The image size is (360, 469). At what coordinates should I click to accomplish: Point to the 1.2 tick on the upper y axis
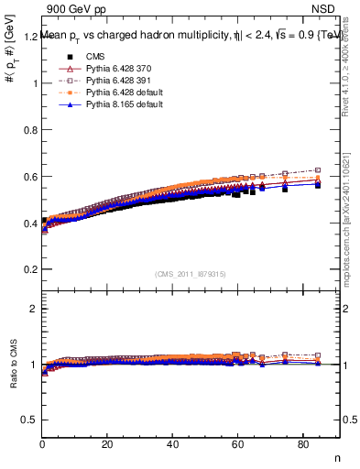tap(29, 37)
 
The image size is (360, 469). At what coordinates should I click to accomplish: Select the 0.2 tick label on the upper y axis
tap(29, 269)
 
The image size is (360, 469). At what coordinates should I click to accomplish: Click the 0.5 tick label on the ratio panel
tap(29, 420)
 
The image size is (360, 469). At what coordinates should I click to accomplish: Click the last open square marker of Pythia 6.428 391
tap(318, 170)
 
